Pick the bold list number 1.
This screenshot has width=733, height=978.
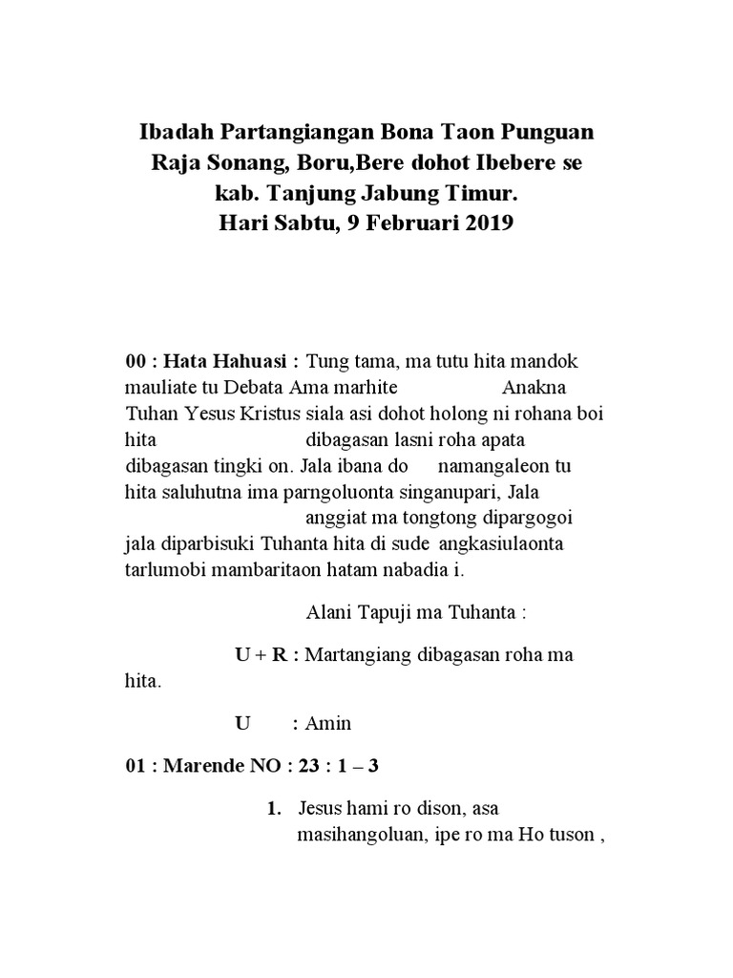[273, 809]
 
